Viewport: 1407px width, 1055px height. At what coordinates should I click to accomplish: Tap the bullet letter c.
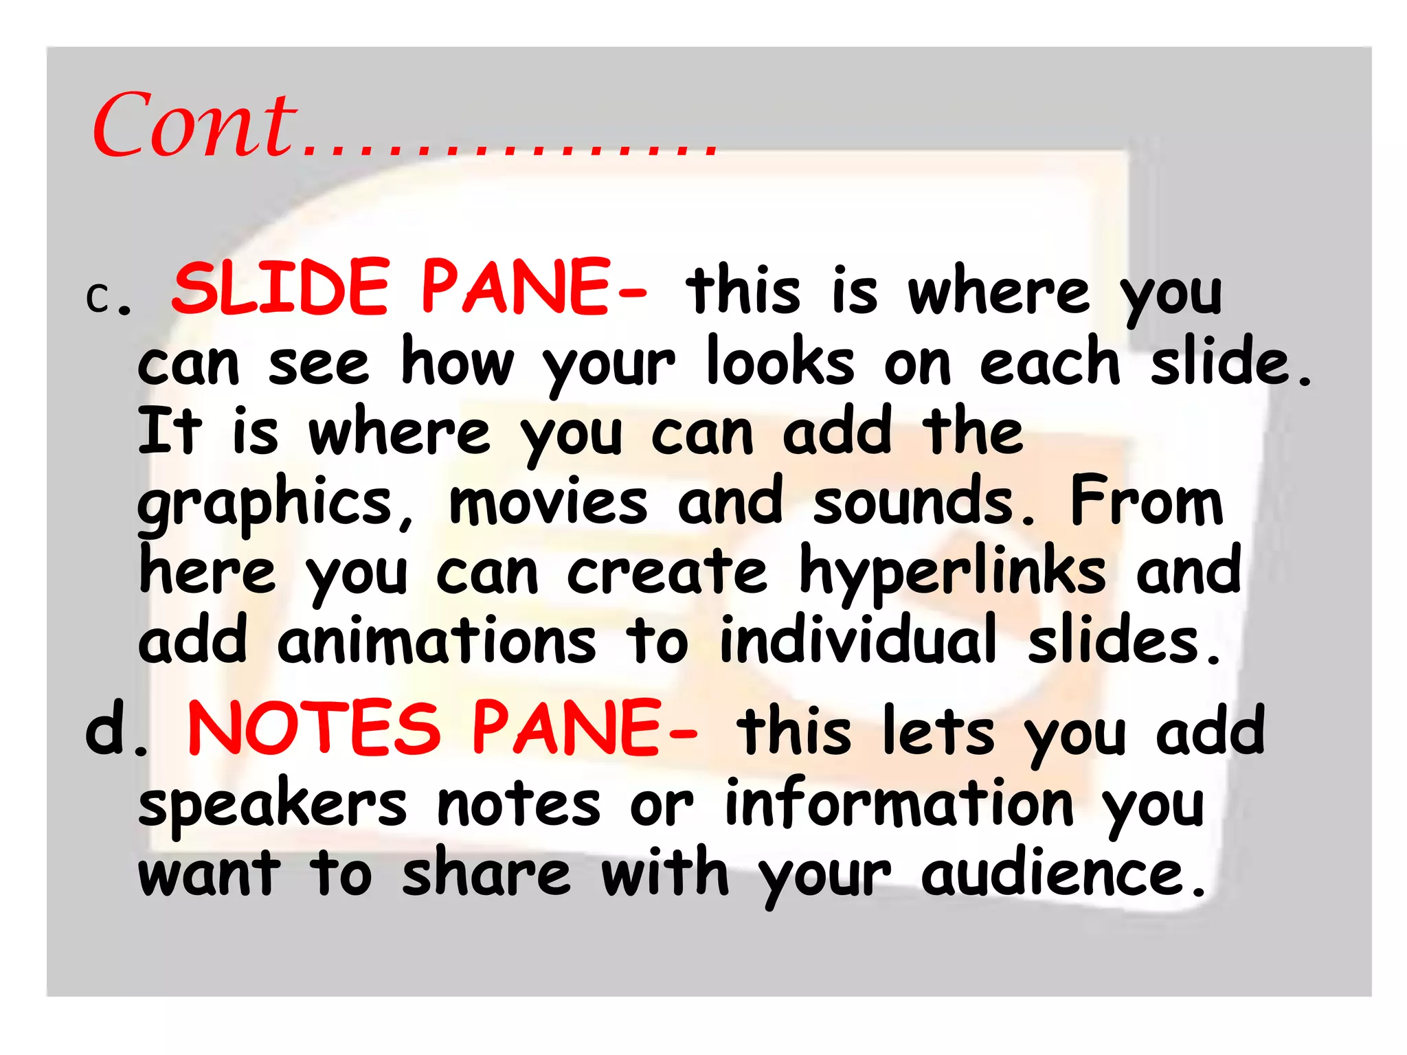[100, 297]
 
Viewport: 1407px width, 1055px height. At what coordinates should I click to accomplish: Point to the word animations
[437, 641]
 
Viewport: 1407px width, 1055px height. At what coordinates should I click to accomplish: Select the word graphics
[265, 505]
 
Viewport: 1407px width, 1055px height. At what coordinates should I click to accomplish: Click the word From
[1147, 501]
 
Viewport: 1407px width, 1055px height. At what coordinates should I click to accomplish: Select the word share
[486, 873]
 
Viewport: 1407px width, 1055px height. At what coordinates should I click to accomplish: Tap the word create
[666, 572]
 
